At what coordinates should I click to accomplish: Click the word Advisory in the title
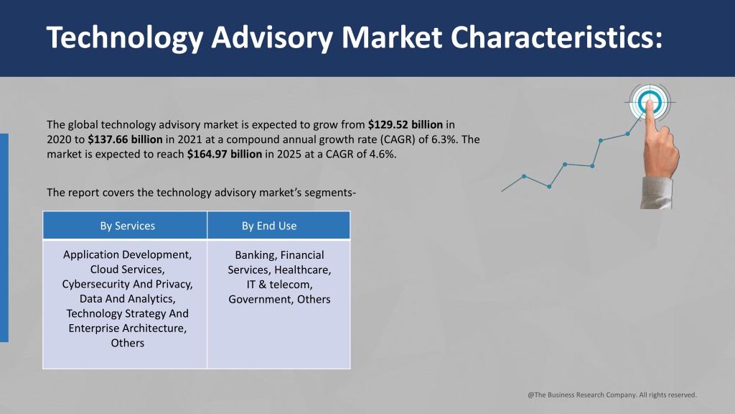(272, 37)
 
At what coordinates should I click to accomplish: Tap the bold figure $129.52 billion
(406, 125)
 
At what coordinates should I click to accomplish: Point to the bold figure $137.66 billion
(125, 139)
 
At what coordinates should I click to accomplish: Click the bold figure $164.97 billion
(225, 154)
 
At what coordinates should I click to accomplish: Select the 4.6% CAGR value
(383, 154)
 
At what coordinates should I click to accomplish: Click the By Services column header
(128, 226)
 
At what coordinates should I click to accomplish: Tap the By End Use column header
(269, 226)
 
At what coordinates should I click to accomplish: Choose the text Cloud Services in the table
(126, 270)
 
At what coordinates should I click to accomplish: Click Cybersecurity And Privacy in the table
(128, 284)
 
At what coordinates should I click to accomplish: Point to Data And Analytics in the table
(126, 298)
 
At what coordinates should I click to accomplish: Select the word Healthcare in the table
(302, 270)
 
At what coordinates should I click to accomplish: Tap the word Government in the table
(259, 299)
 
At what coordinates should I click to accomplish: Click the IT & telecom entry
(279, 285)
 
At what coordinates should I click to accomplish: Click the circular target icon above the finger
(650, 102)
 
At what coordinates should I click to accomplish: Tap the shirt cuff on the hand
(656, 193)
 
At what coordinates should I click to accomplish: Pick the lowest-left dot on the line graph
(524, 177)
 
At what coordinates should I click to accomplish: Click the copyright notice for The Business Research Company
(612, 395)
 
